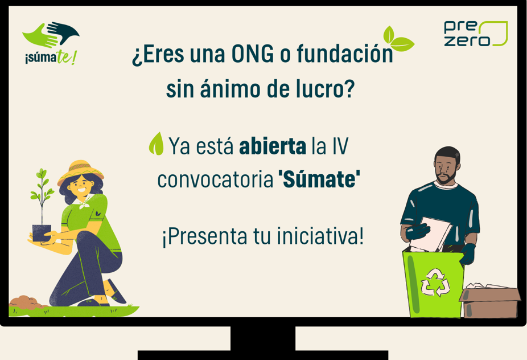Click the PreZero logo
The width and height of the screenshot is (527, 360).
(476, 33)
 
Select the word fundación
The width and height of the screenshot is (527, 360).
(345, 54)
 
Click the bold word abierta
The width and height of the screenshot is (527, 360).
(273, 146)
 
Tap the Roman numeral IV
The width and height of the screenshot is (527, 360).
(340, 146)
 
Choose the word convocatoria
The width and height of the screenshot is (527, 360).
(216, 180)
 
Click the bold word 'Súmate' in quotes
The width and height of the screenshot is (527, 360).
(319, 179)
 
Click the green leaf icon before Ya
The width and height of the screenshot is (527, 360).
(157, 144)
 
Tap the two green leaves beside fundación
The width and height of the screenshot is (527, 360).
(398, 38)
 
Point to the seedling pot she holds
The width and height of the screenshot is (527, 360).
(42, 233)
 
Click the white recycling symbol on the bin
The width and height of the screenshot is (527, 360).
(435, 283)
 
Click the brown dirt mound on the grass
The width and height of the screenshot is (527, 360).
(27, 302)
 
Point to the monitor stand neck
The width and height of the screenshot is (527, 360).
(263, 338)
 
